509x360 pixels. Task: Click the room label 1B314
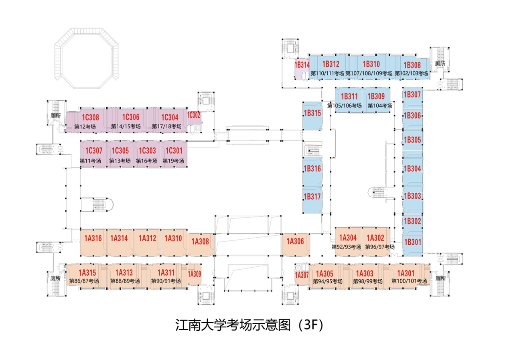[302, 64]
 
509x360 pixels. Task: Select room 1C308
[90, 118]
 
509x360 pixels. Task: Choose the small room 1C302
[193, 115]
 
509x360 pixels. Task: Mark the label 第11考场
[90, 161]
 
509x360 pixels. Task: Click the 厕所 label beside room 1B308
[440, 64]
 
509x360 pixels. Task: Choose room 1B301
[412, 242]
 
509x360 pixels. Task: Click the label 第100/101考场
[409, 281]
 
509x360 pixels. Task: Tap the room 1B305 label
[412, 140]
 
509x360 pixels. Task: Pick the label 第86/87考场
[84, 281]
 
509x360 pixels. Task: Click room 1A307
[302, 275]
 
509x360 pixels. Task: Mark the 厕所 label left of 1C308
[55, 115]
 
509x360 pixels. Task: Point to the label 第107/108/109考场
[368, 73]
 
